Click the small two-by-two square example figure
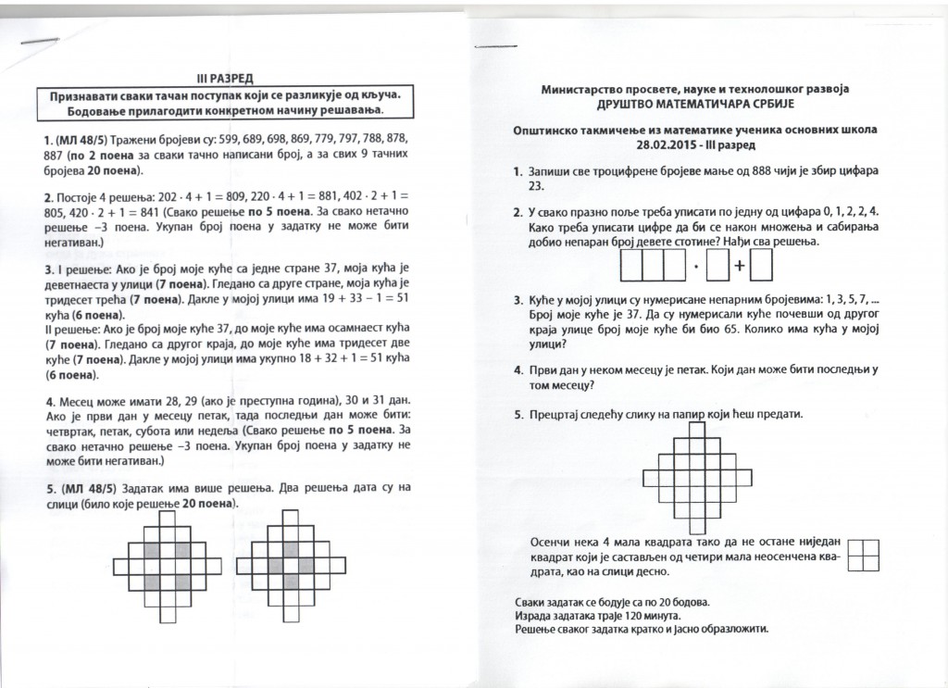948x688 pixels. click(x=863, y=553)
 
